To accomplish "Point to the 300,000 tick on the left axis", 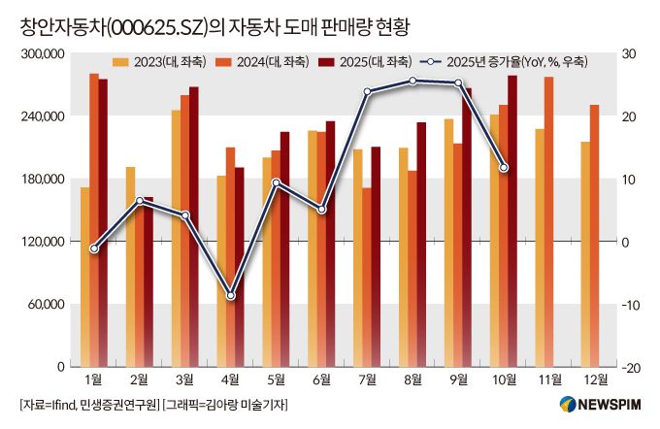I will (41, 54).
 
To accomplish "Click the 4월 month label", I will (231, 379).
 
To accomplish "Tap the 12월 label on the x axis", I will (588, 379).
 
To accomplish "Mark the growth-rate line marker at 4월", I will (231, 295).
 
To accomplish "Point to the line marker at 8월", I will (412, 81).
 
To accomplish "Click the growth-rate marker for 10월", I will (504, 168).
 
